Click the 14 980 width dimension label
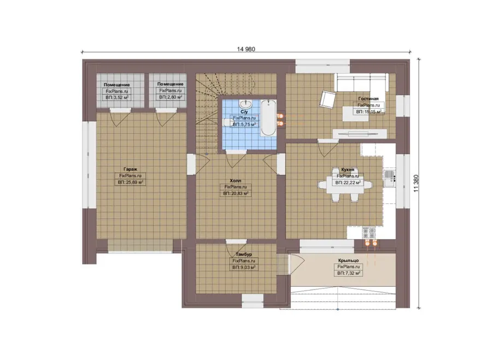pos(246,49)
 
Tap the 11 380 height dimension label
pos(416,184)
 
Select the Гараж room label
pos(130,169)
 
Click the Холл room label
pos(236,181)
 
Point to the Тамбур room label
pos(244,255)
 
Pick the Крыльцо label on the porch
pos(348,260)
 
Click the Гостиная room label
pos(368,98)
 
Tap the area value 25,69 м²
pos(131,182)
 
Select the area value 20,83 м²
pos(236,194)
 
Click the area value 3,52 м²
pos(117,98)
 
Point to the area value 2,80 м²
pos(171,97)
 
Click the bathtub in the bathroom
pos(268,117)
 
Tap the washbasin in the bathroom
pos(245,103)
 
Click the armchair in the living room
pos(327,99)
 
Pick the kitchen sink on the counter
pos(389,178)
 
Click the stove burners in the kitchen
pos(369,232)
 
